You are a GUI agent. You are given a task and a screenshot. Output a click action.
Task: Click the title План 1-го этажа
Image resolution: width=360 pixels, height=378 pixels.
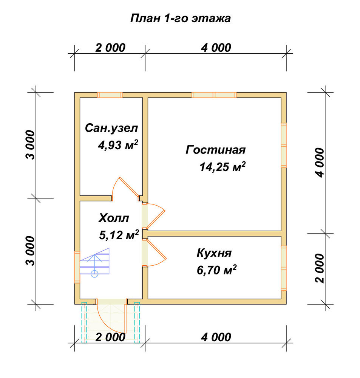[x=180, y=18]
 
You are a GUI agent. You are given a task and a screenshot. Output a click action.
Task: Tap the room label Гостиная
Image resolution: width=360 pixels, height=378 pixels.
[x=216, y=150]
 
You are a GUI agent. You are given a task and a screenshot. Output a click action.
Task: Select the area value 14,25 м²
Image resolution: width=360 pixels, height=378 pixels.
[x=222, y=167]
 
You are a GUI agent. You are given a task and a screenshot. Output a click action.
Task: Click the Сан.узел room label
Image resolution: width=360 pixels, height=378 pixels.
[x=111, y=128]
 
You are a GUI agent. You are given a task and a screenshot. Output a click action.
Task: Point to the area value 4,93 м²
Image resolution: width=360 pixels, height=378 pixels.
[x=118, y=145]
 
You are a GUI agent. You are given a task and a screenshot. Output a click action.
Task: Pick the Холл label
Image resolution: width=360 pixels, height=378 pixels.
[x=114, y=218]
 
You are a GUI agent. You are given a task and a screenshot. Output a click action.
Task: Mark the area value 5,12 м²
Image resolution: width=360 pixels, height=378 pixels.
[x=119, y=235]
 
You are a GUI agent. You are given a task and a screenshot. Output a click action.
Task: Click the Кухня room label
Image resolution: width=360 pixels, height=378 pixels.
[x=214, y=253]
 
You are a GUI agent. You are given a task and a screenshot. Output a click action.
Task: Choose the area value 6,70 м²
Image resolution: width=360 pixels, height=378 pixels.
[x=216, y=270]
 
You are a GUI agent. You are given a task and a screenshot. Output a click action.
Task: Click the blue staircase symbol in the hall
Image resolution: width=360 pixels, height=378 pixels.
[x=94, y=262]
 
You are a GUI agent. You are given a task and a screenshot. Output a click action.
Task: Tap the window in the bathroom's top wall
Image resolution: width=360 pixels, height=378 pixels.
[x=110, y=95]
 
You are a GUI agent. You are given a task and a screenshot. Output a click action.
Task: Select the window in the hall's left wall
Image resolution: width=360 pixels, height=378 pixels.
[x=77, y=267]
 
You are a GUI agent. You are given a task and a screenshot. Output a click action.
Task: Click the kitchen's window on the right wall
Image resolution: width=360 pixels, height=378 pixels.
[x=284, y=268]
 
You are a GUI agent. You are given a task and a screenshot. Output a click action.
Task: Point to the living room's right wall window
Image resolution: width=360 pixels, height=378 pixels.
[x=284, y=145]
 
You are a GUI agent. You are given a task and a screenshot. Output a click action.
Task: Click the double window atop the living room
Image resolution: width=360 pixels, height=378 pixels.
[x=214, y=95]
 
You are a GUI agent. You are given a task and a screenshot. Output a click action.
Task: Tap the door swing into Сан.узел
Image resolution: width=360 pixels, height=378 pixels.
[x=125, y=188]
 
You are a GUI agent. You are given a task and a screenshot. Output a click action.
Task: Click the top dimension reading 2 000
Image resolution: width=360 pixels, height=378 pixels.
[x=110, y=48]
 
